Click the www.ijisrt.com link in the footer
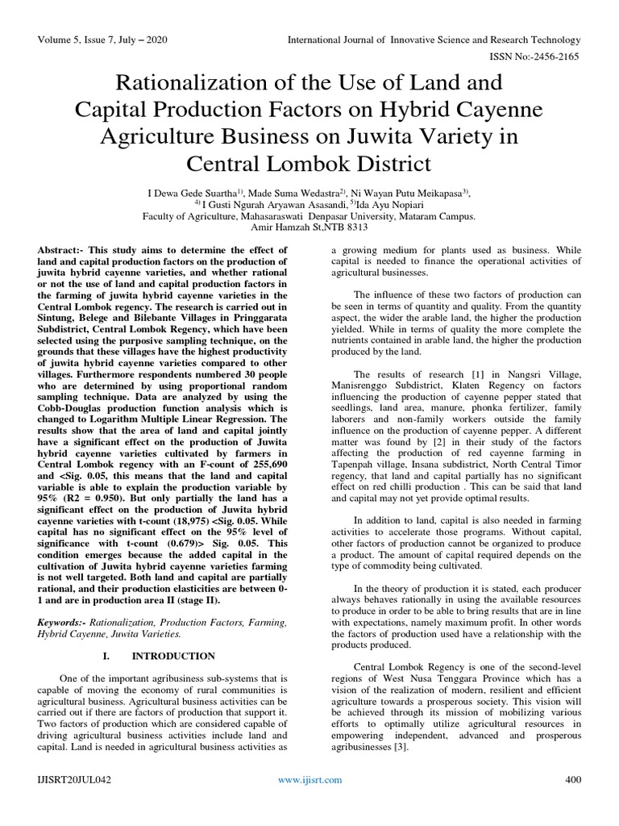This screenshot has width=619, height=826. (x=309, y=780)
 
